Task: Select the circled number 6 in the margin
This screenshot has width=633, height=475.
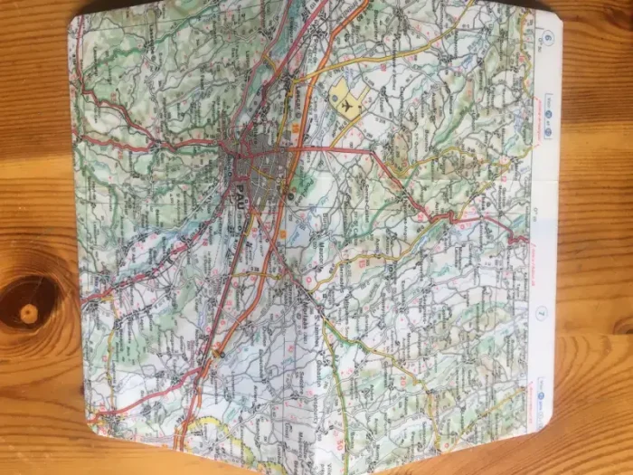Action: pyautogui.click(x=549, y=38)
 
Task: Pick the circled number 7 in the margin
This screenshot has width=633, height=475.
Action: pyautogui.click(x=541, y=314)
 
